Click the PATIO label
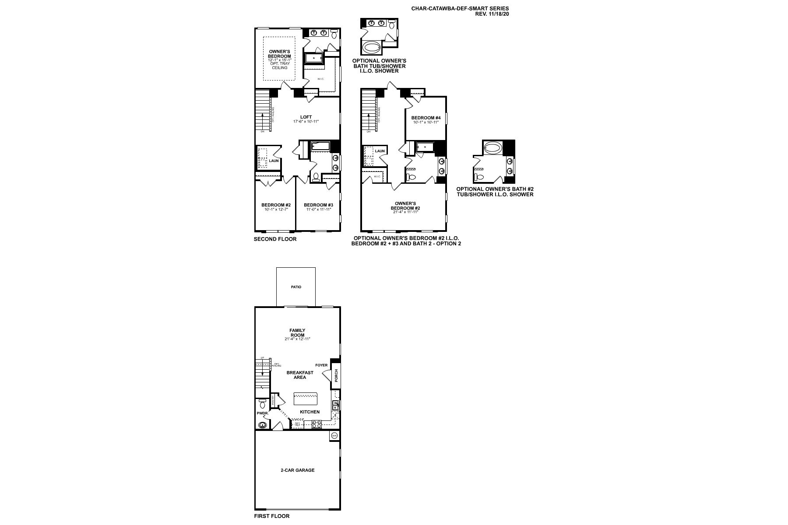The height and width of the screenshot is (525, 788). (296, 287)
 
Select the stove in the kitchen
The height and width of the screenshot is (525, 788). (317, 423)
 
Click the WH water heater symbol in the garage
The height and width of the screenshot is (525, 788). (334, 436)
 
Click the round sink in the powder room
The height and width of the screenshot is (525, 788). (263, 425)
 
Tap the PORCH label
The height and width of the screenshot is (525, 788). (336, 375)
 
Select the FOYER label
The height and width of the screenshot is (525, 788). (321, 365)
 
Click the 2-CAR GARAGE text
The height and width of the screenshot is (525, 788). (298, 470)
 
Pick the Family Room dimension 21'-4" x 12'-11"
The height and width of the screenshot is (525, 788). (297, 339)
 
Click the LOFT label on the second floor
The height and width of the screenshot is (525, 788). (306, 117)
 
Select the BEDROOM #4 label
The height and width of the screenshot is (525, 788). (426, 118)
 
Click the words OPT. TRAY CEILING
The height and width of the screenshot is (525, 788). (280, 66)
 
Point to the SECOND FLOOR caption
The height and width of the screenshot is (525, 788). (275, 239)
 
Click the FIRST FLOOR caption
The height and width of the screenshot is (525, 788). (271, 516)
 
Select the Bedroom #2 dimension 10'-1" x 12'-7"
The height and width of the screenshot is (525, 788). (276, 210)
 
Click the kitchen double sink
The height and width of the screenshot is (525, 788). (336, 405)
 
